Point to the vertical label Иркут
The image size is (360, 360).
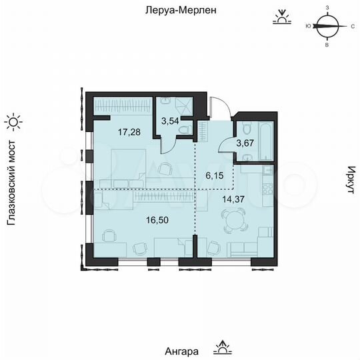(x=348, y=181)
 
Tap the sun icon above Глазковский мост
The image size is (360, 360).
(x=13, y=121)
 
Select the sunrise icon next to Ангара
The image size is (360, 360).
(x=221, y=347)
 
